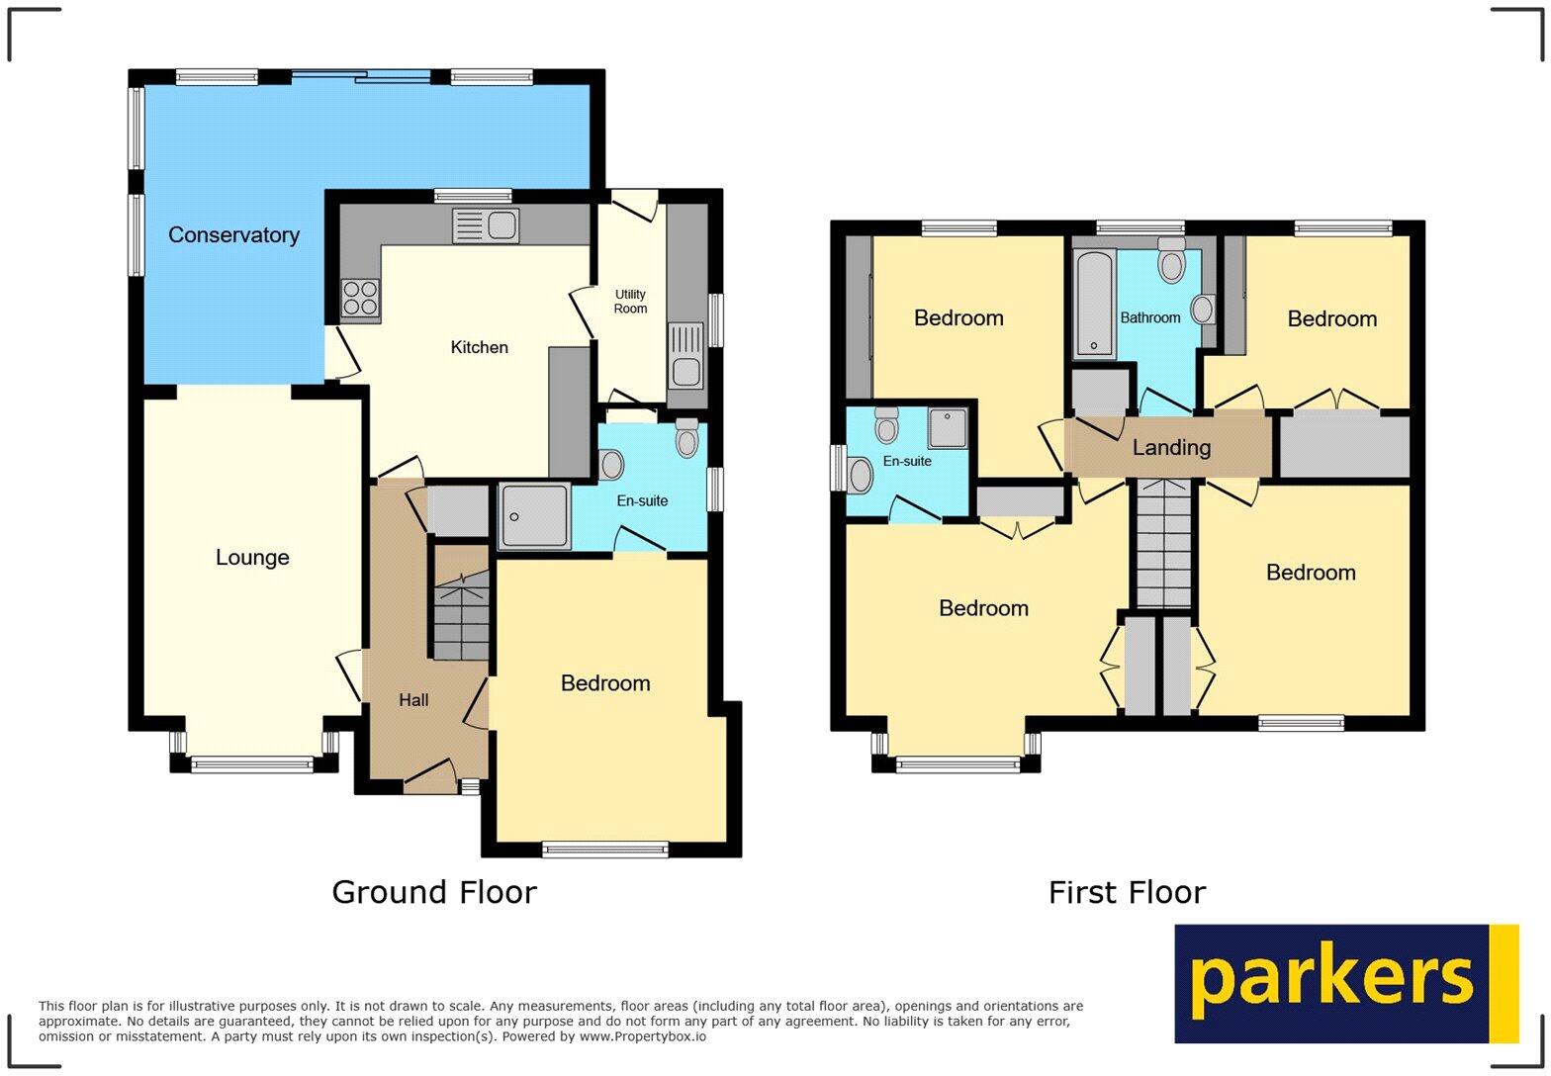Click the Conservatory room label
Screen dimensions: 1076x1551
coord(233,235)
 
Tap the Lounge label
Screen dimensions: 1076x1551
coord(252,558)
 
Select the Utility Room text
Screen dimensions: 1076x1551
coord(630,302)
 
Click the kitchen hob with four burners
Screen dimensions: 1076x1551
coord(360,299)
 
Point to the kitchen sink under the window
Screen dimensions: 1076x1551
coord(486,225)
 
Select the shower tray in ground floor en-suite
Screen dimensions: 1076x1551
coord(534,515)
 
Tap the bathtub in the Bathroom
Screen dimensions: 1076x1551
coord(1095,305)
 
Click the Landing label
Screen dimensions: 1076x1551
coord(1171,448)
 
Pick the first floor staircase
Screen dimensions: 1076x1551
coord(1164,543)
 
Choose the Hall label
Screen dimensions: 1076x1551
coord(413,700)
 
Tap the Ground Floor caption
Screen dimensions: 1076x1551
coord(434,892)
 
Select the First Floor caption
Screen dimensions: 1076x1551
coord(1127,893)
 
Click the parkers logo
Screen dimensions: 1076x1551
coord(1345,983)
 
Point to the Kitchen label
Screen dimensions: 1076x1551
coord(479,347)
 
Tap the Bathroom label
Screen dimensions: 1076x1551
coord(1150,317)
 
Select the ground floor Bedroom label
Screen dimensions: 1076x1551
coord(605,683)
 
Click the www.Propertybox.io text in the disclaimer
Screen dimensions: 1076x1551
coord(643,1036)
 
